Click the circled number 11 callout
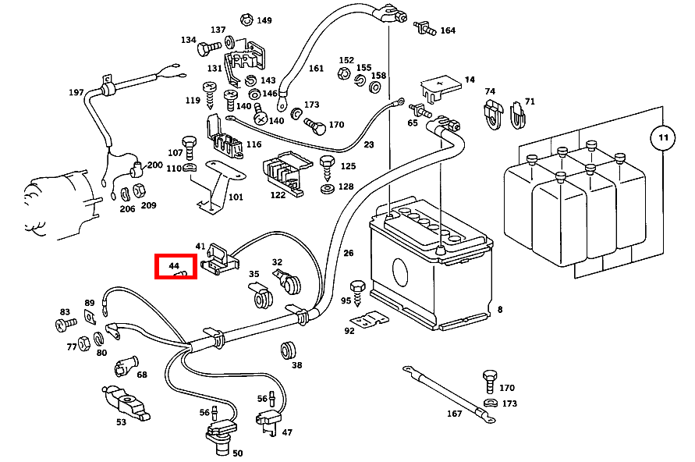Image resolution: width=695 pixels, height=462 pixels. tap(662, 138)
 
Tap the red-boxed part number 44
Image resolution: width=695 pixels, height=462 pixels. tap(175, 266)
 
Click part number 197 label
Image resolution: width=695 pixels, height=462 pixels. tap(76, 92)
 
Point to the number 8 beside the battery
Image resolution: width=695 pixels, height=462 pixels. tap(499, 309)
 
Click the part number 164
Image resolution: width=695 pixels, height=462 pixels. tap(448, 30)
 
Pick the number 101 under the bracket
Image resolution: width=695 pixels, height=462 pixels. tap(236, 197)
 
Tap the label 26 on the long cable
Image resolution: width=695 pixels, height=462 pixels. tap(348, 252)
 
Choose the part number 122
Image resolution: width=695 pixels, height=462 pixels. tap(278, 195)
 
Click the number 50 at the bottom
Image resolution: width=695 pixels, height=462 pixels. tap(238, 453)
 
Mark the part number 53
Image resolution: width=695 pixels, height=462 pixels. tap(121, 422)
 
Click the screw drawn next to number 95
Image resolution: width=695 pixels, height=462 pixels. tap(359, 290)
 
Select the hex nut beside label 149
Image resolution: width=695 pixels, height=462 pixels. tap(246, 18)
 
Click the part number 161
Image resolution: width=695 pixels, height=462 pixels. tap(316, 68)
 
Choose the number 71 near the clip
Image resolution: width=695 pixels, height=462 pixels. tap(530, 101)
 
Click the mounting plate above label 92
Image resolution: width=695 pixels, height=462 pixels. tap(368, 320)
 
